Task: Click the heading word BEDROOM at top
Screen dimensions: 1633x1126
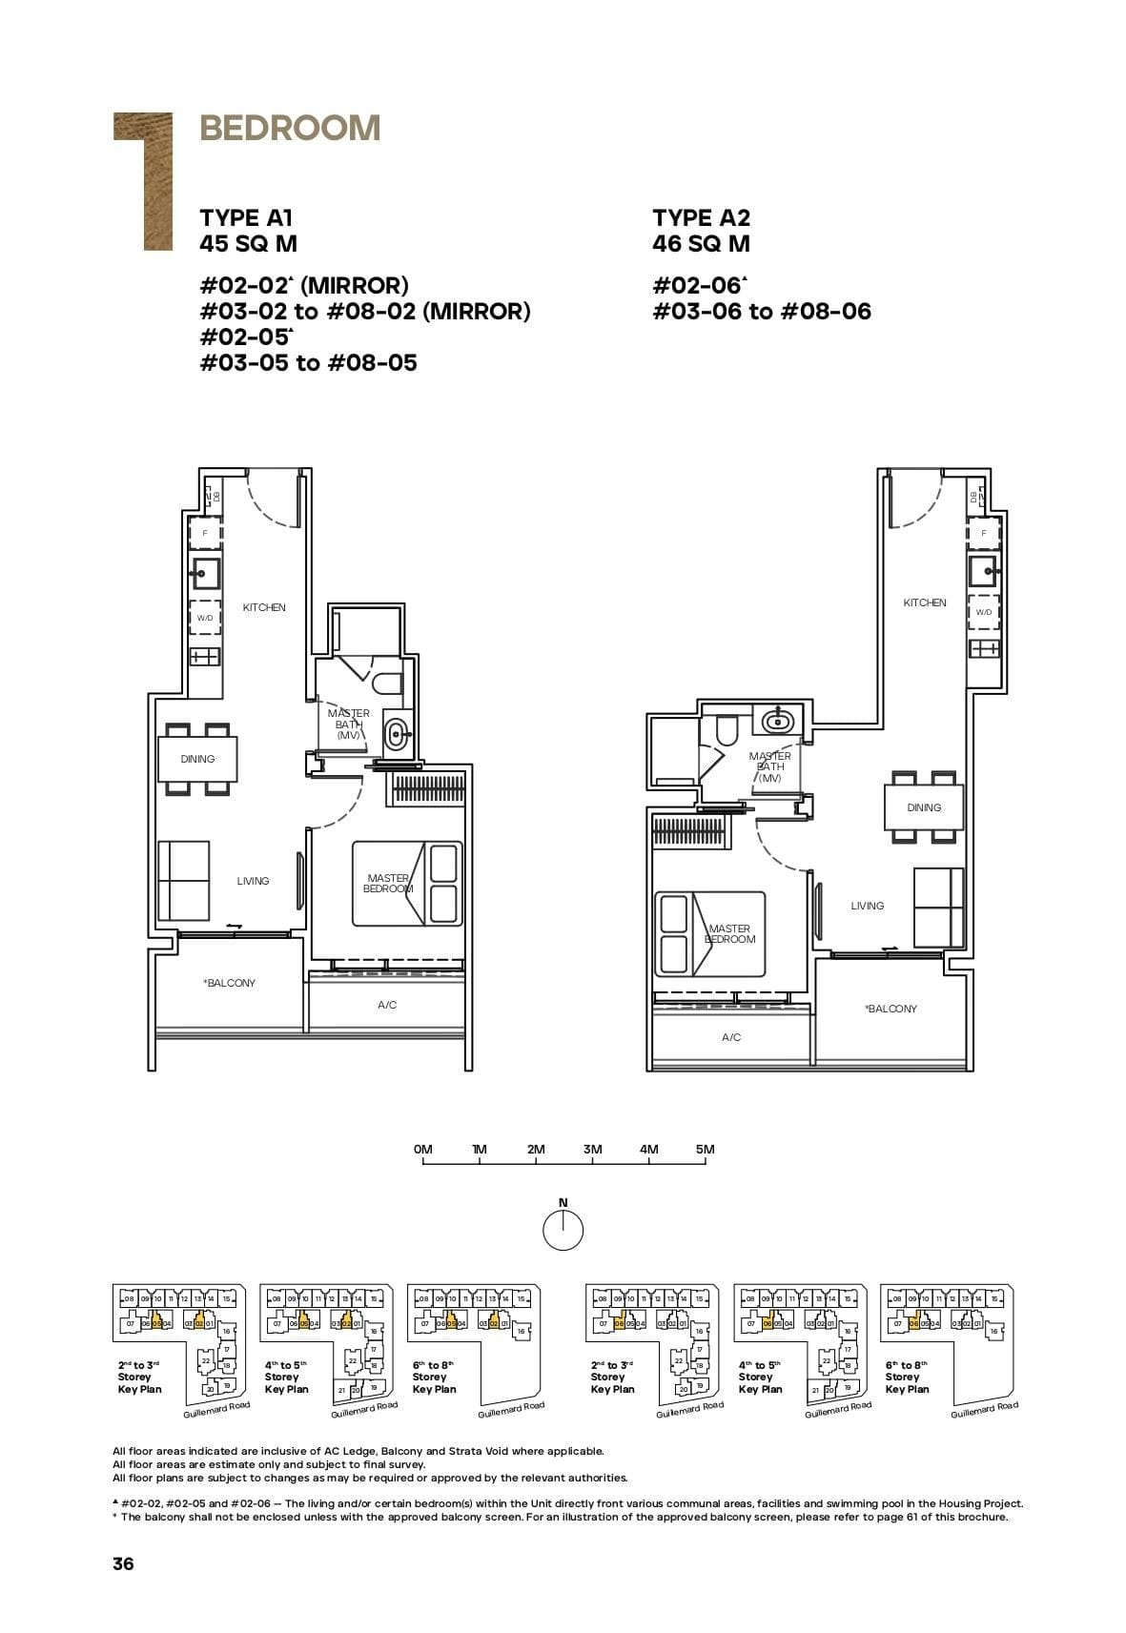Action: click(x=290, y=128)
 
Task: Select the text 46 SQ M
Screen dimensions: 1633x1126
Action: click(x=701, y=244)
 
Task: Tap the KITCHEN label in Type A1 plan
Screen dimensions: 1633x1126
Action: click(x=264, y=607)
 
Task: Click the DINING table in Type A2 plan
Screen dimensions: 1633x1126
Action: click(x=924, y=807)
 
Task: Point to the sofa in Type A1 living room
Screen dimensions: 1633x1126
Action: click(x=183, y=880)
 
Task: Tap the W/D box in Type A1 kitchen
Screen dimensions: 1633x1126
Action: click(x=204, y=618)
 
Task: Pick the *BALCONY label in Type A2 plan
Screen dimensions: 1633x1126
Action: click(x=891, y=1009)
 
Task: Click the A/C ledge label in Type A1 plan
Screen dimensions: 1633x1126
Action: click(x=387, y=1005)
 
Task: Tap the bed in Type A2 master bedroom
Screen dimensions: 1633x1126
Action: click(x=710, y=933)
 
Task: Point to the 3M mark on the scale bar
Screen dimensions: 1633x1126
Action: click(x=592, y=1150)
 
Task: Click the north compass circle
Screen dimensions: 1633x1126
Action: click(x=563, y=1231)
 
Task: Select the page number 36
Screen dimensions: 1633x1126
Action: click(x=123, y=1563)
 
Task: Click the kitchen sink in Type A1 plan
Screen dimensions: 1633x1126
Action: click(x=204, y=574)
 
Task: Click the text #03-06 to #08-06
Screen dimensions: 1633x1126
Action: click(x=761, y=312)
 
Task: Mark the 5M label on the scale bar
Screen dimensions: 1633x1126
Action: click(x=705, y=1150)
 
